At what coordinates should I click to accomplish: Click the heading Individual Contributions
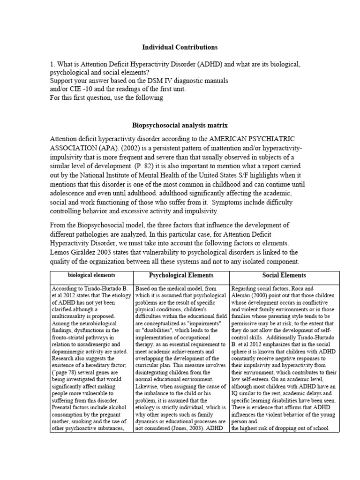[x=180, y=47]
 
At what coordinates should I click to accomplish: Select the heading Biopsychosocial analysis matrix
[x=180, y=126]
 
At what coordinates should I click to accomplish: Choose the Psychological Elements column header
[x=181, y=276]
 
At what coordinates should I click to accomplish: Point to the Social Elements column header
[x=284, y=276]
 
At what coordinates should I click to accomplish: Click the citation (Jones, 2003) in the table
[x=193, y=428]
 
